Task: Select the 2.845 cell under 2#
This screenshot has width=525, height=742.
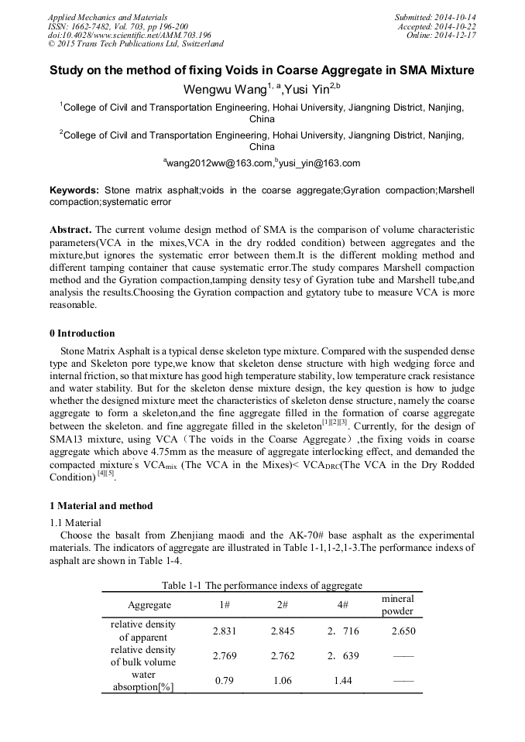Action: pyautogui.click(x=283, y=631)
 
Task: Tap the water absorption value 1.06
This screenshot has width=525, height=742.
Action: pyautogui.click(x=283, y=681)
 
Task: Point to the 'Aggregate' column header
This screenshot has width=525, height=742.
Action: pyautogui.click(x=149, y=605)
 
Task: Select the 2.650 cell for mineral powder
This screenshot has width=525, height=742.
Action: pyautogui.click(x=404, y=631)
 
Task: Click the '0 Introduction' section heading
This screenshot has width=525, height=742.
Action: pyautogui.click(x=82, y=333)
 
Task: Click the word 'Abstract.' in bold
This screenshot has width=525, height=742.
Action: pyautogui.click(x=71, y=231)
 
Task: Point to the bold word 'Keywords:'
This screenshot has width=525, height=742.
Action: pyautogui.click(x=74, y=190)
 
